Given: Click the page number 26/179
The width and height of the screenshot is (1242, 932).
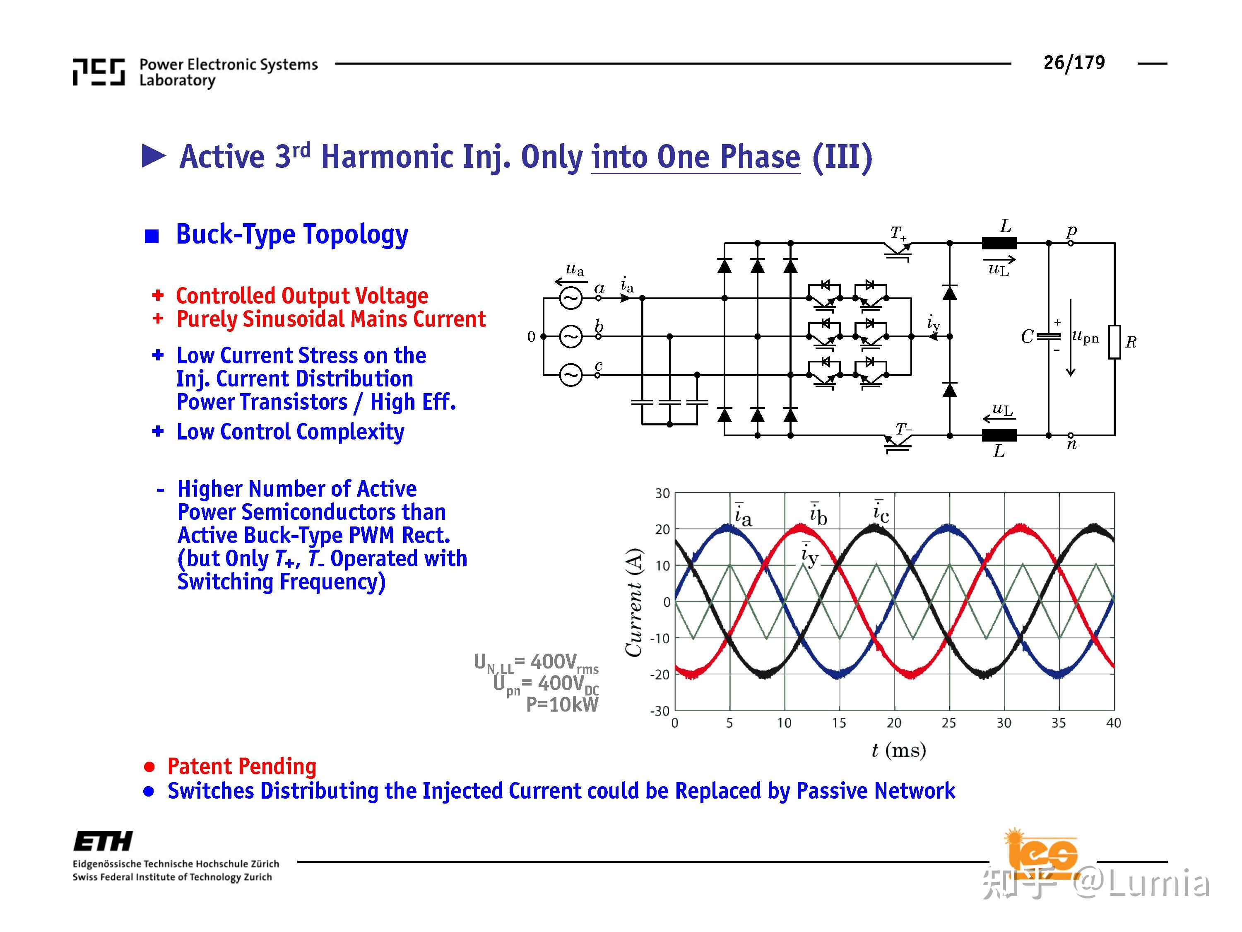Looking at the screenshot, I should [x=1074, y=63].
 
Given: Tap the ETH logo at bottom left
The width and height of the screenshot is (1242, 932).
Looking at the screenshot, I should [x=103, y=841].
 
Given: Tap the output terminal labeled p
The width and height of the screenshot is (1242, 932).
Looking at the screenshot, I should [x=1071, y=243].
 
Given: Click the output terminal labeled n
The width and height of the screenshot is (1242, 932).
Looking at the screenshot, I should [x=1071, y=435].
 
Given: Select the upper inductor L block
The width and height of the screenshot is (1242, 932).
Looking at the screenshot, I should [x=999, y=243].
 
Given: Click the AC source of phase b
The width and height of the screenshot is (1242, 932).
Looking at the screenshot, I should [x=570, y=336].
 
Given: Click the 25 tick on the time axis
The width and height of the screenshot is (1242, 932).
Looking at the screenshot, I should [x=948, y=723].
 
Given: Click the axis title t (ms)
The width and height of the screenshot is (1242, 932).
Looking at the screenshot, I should [x=898, y=750].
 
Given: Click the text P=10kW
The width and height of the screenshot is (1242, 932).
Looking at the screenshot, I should [x=562, y=705].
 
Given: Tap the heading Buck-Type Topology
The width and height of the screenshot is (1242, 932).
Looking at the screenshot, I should [x=292, y=234].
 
